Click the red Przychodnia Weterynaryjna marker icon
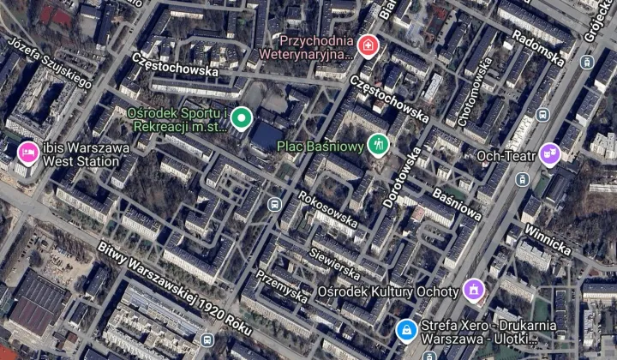click(368, 45)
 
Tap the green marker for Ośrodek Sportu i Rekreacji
click(242, 118)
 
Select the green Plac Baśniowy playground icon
click(378, 144)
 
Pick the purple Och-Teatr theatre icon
click(549, 154)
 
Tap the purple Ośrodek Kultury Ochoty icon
click(471, 290)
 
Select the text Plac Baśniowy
click(320, 146)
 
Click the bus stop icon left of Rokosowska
click(273, 205)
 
